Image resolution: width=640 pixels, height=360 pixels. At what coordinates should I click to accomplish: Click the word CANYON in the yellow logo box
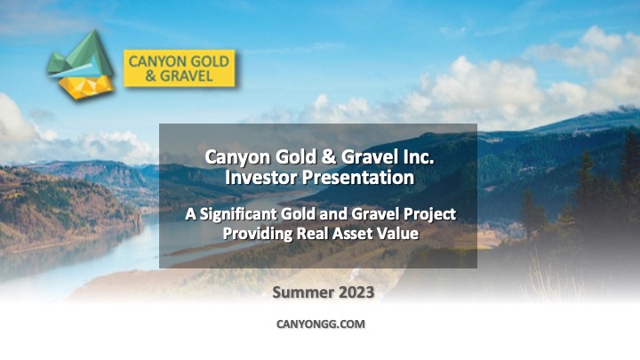coord(154,61)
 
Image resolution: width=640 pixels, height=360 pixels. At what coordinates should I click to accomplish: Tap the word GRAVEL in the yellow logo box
coord(186,76)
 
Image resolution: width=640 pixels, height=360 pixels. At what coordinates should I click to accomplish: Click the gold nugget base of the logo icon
coord(85,87)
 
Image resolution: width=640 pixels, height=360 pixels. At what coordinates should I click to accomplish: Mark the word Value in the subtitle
coord(396,234)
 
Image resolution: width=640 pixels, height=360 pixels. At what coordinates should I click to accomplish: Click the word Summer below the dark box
coord(303,292)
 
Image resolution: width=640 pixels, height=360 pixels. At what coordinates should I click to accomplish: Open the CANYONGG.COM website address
coord(321,324)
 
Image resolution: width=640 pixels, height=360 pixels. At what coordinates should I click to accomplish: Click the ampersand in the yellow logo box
coord(151,76)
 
